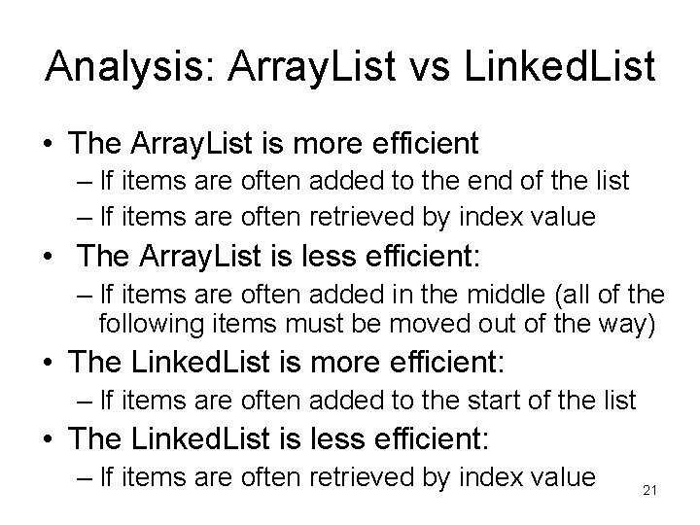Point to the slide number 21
pos(650,491)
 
